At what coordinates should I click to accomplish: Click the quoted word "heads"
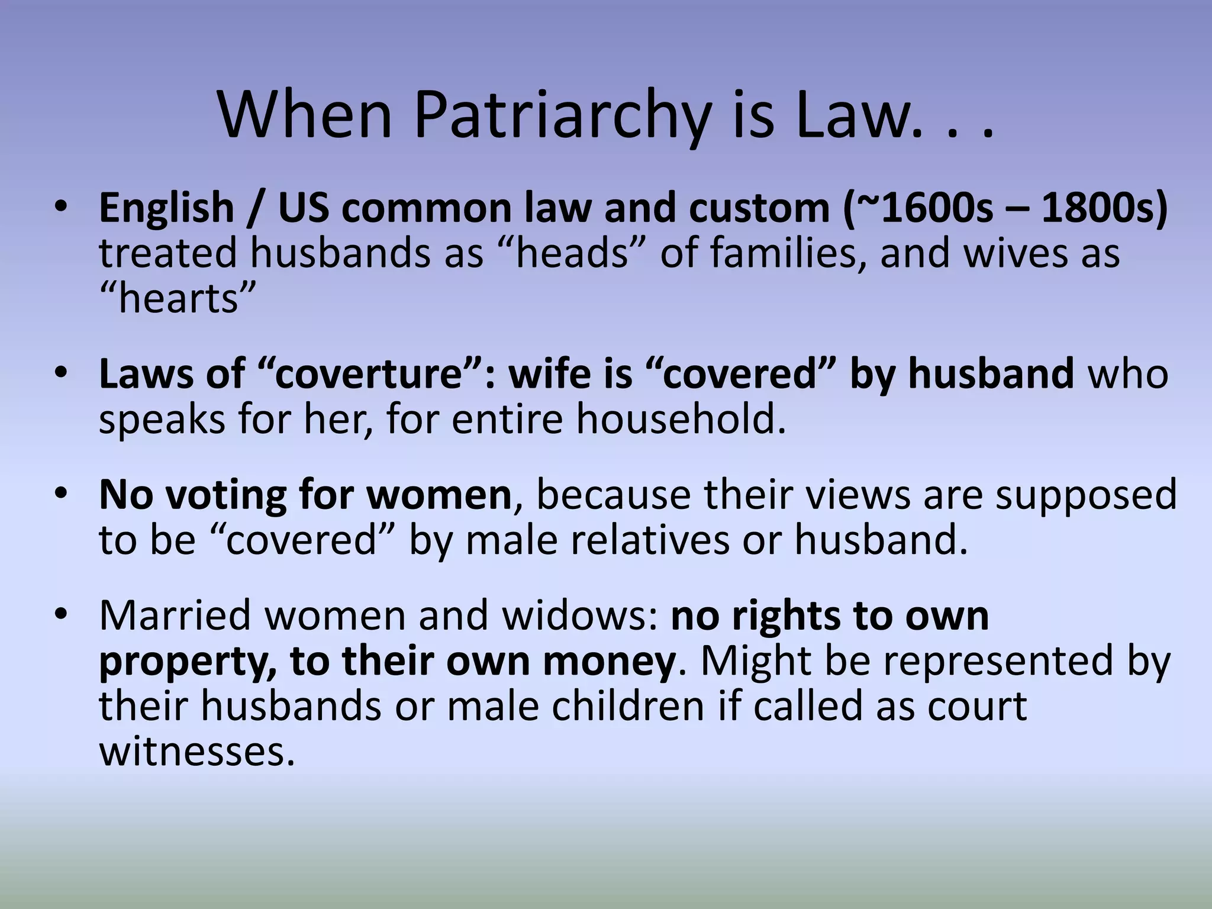pyautogui.click(x=572, y=253)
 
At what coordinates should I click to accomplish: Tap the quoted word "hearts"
pyautogui.click(x=178, y=298)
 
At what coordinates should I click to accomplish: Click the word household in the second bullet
pyautogui.click(x=681, y=419)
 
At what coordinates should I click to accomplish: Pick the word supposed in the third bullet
pyautogui.click(x=1085, y=495)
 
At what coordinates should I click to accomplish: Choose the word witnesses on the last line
pyautogui.click(x=196, y=752)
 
